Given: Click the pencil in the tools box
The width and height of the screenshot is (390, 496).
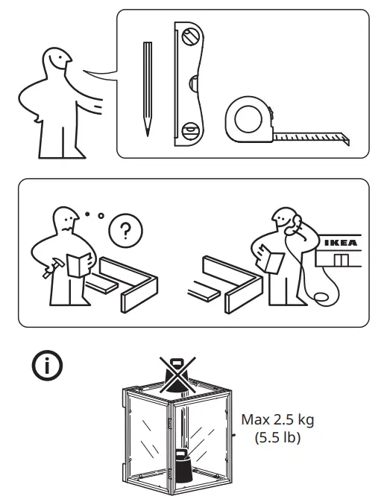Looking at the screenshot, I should pos(147,86).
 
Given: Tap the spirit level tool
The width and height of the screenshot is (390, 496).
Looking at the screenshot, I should pos(188,84).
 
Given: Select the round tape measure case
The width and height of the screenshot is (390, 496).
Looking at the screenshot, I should pos(248,118).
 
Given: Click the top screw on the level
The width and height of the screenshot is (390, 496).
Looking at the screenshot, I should pos(192,34).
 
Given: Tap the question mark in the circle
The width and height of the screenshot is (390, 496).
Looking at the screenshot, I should pos(124,231).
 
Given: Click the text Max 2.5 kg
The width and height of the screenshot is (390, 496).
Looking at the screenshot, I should pos(277,419).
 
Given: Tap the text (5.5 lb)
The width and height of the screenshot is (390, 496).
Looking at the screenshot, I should pos(277,438).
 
